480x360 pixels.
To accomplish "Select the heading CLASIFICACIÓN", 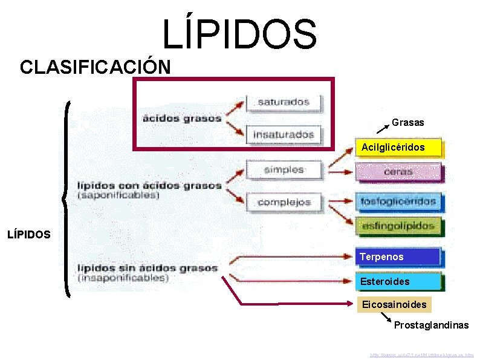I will click(95, 67).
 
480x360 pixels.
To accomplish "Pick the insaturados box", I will click(284, 134).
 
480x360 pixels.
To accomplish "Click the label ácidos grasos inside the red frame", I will click(182, 118).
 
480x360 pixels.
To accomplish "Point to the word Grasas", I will click(408, 123).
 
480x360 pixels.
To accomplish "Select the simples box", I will click(284, 169).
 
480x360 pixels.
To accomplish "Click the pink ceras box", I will click(398, 171).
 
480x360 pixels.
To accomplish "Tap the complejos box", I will click(284, 202).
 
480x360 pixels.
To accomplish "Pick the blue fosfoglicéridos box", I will click(398, 200).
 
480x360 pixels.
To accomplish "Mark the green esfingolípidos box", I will click(398, 226).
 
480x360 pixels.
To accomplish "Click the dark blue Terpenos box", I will click(398, 257).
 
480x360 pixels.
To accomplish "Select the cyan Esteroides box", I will click(398, 281).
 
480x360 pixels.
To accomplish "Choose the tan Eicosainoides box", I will click(394, 304).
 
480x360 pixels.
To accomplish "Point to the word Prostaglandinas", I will click(431, 326).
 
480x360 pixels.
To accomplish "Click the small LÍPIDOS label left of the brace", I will click(29, 234).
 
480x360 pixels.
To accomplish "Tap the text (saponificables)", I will click(118, 195).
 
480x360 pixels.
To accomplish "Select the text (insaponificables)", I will click(123, 278).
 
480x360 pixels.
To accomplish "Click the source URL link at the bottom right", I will click(423, 355).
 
